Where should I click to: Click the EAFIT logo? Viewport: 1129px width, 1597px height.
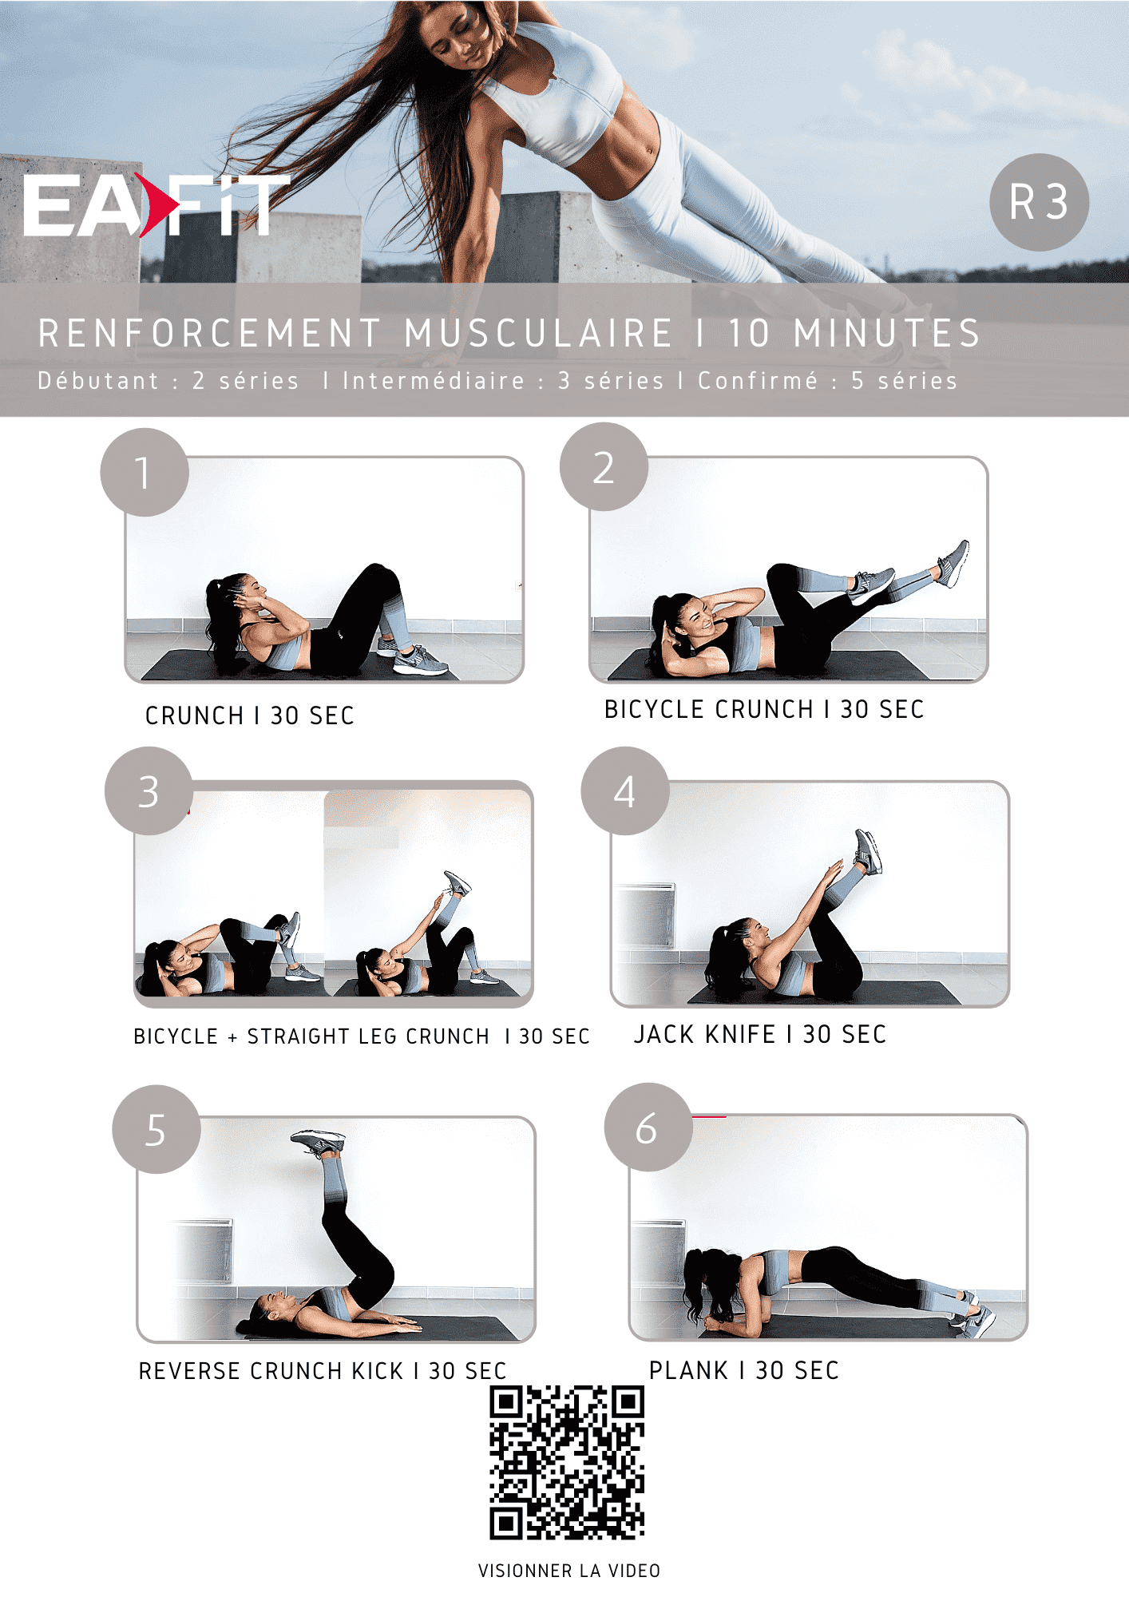[156, 205]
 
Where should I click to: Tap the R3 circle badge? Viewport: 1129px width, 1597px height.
[1039, 202]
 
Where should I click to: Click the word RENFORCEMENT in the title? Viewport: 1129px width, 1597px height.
[210, 334]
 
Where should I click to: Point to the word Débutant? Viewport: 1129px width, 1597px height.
[99, 381]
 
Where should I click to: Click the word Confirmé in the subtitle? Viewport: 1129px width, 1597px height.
[759, 381]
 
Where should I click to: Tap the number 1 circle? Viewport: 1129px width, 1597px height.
[145, 473]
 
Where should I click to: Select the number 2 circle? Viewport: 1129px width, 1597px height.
[604, 467]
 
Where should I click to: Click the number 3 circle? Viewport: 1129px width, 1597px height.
[149, 791]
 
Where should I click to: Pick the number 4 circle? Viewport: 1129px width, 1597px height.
[625, 791]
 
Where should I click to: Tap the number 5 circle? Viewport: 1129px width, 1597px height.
[156, 1130]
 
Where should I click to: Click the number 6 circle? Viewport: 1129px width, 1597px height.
[648, 1127]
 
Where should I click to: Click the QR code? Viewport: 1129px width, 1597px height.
[567, 1463]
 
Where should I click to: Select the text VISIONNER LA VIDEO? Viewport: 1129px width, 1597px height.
[569, 1571]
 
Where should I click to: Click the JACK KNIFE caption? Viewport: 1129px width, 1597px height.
[760, 1034]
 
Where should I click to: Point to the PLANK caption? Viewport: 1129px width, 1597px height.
[744, 1370]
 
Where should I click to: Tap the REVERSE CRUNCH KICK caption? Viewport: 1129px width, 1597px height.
[323, 1371]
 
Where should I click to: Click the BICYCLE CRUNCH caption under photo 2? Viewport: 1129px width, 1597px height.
[764, 709]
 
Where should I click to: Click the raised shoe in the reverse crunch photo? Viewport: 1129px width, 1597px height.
[319, 1143]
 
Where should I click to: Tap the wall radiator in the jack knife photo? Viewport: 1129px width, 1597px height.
[645, 915]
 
